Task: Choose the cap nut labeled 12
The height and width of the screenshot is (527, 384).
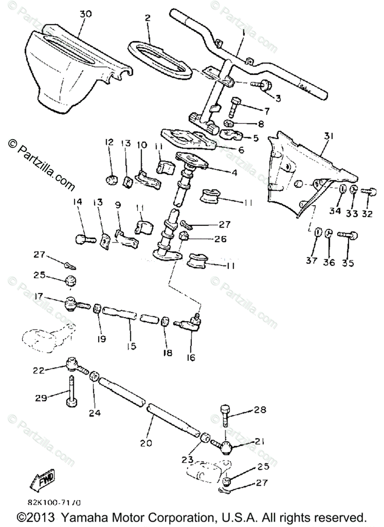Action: (111, 179)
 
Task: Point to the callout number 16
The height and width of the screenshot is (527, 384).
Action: (190, 357)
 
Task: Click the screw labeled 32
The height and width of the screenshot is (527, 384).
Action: (369, 191)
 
